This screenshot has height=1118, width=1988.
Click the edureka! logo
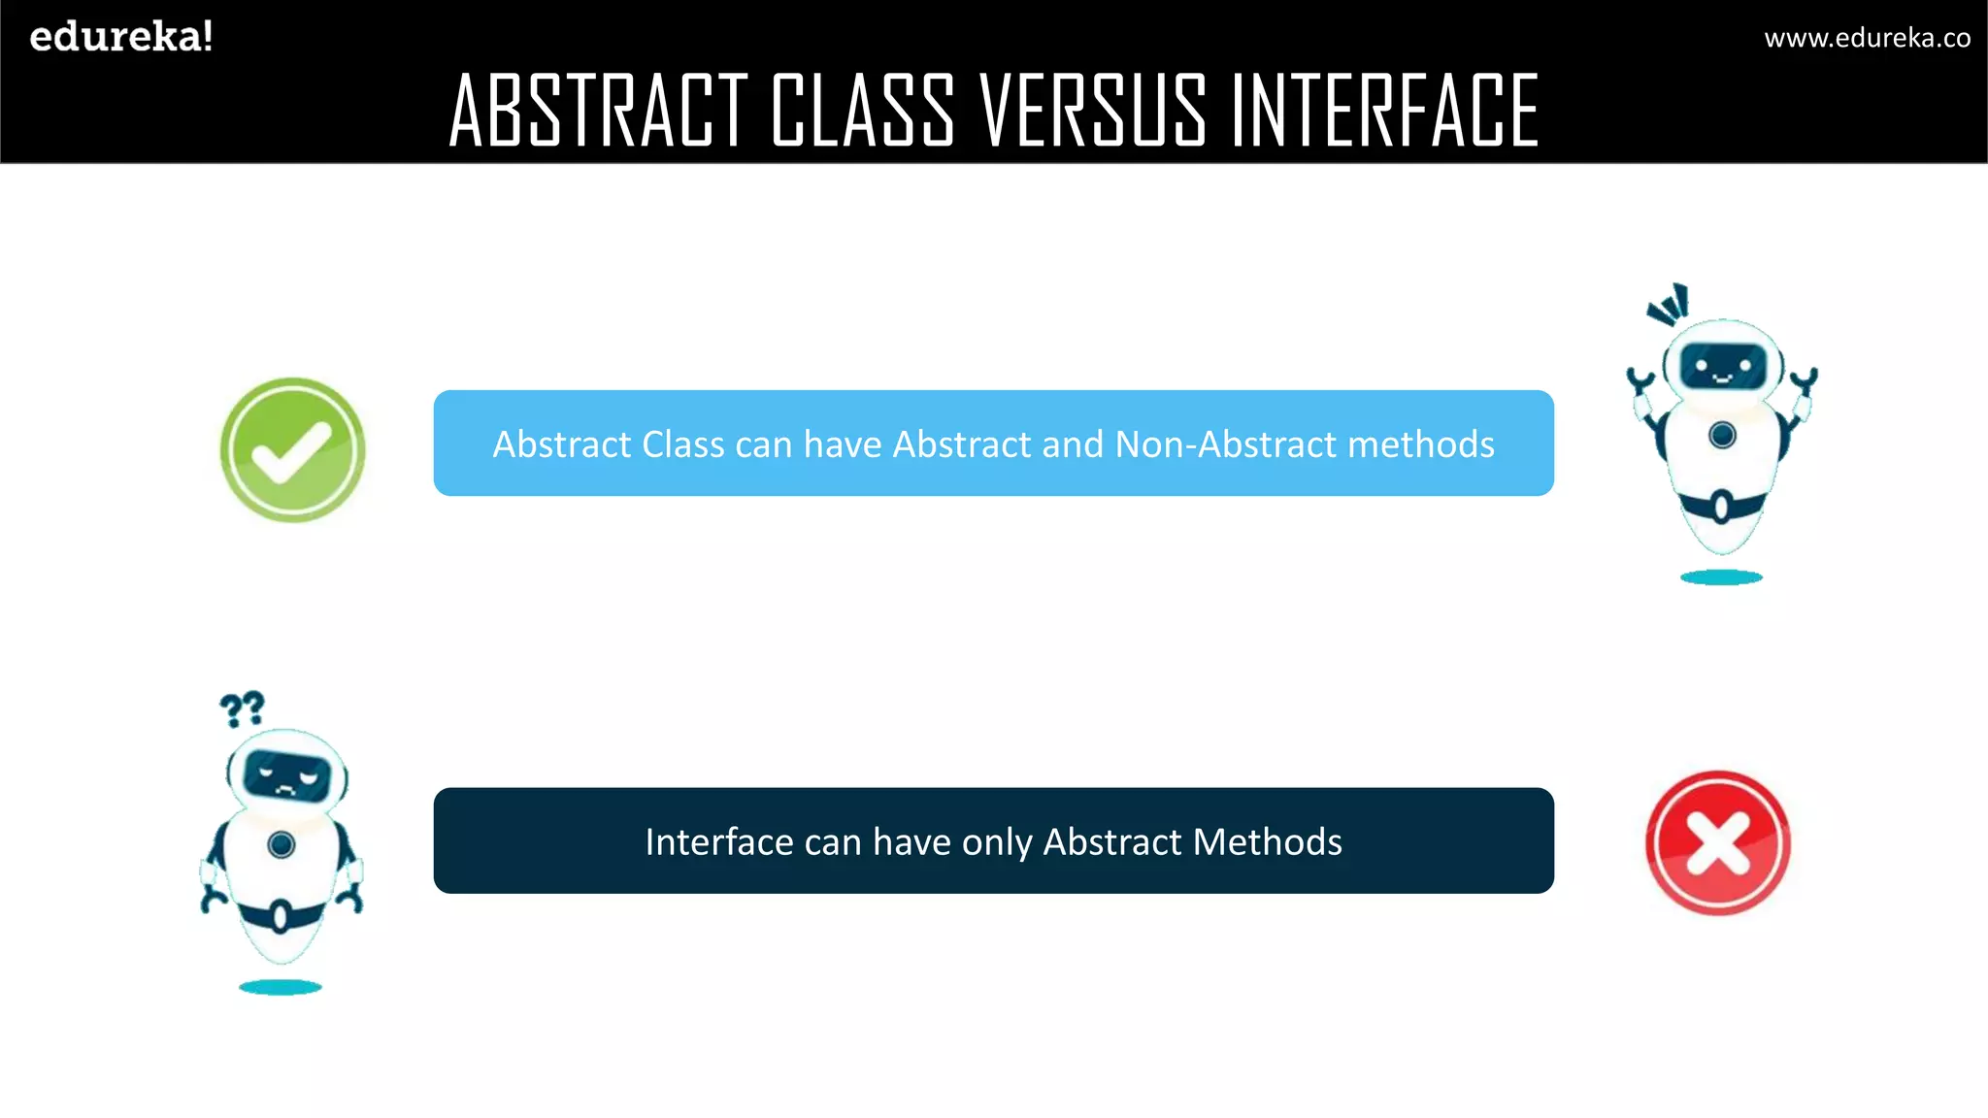121,37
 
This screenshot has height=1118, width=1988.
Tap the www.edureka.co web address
1867,38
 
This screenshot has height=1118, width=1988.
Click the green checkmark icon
292,449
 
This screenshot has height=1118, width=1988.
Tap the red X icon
1718,842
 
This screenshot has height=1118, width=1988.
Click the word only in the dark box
997,842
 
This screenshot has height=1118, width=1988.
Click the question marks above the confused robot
242,709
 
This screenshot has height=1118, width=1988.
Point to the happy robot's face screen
1723,367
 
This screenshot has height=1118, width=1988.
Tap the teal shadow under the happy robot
1721,577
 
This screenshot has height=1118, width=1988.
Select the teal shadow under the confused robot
281,987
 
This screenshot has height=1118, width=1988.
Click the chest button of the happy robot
1723,435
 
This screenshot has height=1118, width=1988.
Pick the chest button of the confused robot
282,844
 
